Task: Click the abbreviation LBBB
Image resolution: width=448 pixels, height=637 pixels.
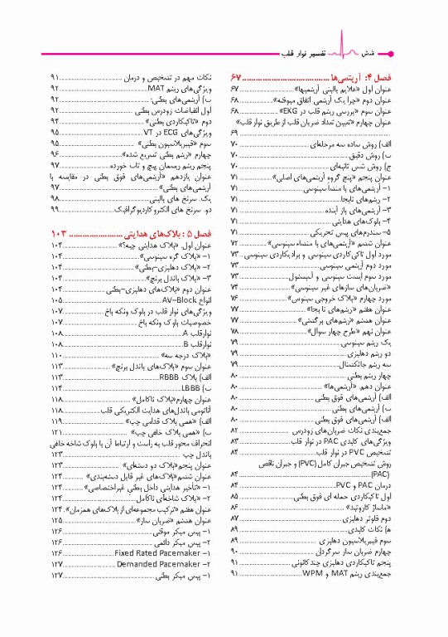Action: tap(190, 387)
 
